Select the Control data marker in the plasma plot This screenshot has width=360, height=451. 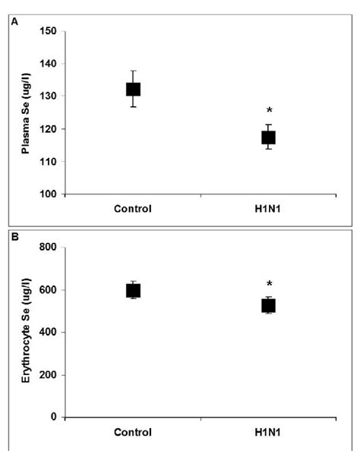tap(133, 90)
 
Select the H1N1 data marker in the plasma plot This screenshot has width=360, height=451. tap(268, 137)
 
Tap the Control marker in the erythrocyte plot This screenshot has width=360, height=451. tap(133, 290)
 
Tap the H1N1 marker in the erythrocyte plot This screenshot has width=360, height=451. tap(268, 305)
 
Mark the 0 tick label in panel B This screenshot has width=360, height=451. tap(55, 417)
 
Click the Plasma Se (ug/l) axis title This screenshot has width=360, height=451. tap(25, 114)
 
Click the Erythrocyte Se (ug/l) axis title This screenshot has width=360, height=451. tap(25, 332)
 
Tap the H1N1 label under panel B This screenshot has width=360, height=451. tap(268, 432)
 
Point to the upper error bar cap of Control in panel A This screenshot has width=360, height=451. tap(133, 71)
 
